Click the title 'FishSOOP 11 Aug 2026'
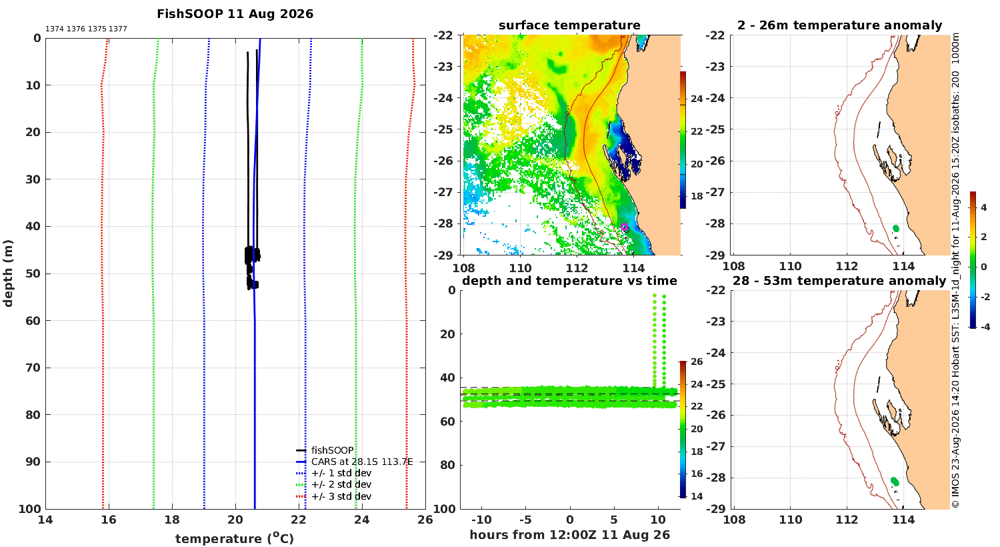pyautogui.click(x=235, y=14)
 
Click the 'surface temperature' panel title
pyautogui.click(x=569, y=25)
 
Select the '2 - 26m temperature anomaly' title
pyautogui.click(x=839, y=25)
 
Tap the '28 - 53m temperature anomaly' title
pyautogui.click(x=839, y=281)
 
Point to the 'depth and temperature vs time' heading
pyautogui.click(x=569, y=281)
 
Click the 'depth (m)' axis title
pyautogui.click(x=8, y=273)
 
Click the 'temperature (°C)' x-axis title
pyautogui.click(x=235, y=538)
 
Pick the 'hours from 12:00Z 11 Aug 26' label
pyautogui.click(x=569, y=534)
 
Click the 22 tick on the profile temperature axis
pyautogui.click(x=299, y=520)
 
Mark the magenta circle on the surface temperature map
pyautogui.click(x=624, y=227)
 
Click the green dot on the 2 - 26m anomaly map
pyautogui.click(x=895, y=229)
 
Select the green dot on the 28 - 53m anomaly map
pyautogui.click(x=895, y=482)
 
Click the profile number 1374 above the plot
pyautogui.click(x=55, y=29)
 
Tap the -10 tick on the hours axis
pyautogui.click(x=481, y=520)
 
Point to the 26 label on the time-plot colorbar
pyautogui.click(x=697, y=362)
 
